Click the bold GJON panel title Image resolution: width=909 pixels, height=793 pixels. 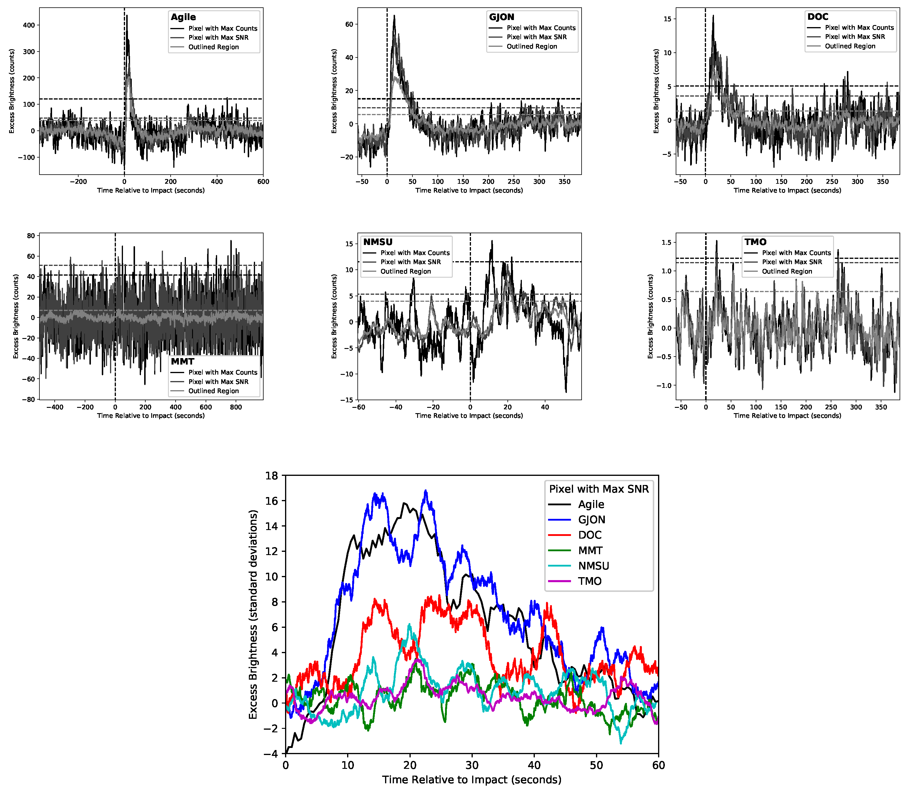(501, 17)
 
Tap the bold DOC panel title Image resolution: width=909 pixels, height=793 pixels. (818, 17)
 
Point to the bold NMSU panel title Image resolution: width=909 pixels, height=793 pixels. (377, 242)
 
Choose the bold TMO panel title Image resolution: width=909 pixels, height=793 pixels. (755, 242)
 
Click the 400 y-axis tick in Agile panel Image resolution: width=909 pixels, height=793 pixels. (29, 25)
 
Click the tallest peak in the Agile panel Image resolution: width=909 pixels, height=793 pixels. (127, 16)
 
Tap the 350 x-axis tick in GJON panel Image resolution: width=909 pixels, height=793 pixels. (564, 181)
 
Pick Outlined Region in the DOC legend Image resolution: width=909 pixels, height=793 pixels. (850, 46)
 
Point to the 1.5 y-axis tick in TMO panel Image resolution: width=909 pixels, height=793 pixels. (666, 243)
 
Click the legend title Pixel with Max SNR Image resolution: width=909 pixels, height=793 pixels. (599, 489)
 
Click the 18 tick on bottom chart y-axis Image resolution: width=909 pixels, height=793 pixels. (272, 476)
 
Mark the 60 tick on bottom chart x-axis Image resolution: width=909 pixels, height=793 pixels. (658, 765)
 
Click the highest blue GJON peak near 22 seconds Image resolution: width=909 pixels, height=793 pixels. (426, 491)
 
